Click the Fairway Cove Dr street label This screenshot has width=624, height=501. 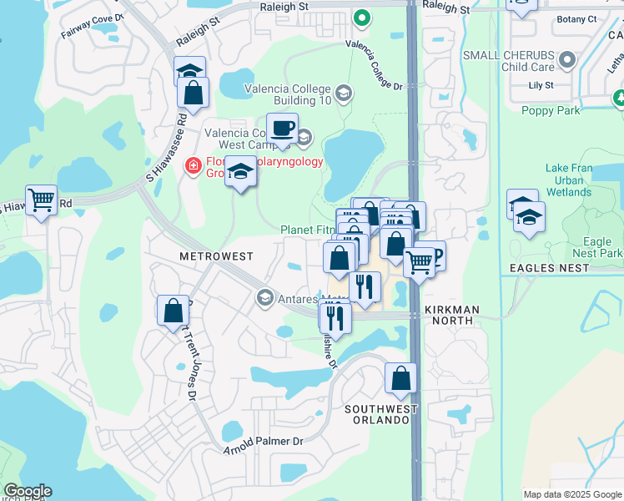coord(93,16)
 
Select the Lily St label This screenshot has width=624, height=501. coord(541,85)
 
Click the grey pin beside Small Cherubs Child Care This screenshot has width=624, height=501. coord(568,60)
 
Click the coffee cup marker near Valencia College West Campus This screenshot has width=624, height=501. coord(282,128)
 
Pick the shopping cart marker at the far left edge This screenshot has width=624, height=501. coord(41,200)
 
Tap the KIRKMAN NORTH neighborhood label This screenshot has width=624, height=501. coord(451,310)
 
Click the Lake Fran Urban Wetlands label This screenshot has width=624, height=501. coord(569,180)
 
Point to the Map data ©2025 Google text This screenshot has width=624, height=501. coord(572,494)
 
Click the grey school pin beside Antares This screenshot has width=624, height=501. coord(264,297)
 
